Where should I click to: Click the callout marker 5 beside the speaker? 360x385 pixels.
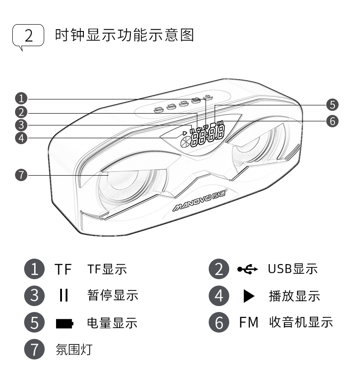(332, 105)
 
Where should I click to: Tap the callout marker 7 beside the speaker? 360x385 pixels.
(21, 175)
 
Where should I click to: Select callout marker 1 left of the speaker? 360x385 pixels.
(21, 99)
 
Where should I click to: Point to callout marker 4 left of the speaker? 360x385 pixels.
(21, 138)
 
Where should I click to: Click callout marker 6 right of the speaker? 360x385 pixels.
(332, 121)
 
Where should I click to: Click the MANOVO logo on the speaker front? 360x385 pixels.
(200, 202)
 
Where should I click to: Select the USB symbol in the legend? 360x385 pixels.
(247, 269)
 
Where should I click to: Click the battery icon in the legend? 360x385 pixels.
(64, 324)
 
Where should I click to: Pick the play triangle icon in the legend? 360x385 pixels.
(248, 297)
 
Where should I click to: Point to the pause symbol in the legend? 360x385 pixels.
(64, 296)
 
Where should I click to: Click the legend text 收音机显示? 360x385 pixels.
(301, 323)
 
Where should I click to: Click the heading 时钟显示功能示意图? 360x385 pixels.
(124, 35)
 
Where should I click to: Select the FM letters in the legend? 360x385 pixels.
(249, 323)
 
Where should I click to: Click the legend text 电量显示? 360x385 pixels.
(112, 323)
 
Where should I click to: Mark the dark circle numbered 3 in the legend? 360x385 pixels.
(35, 296)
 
